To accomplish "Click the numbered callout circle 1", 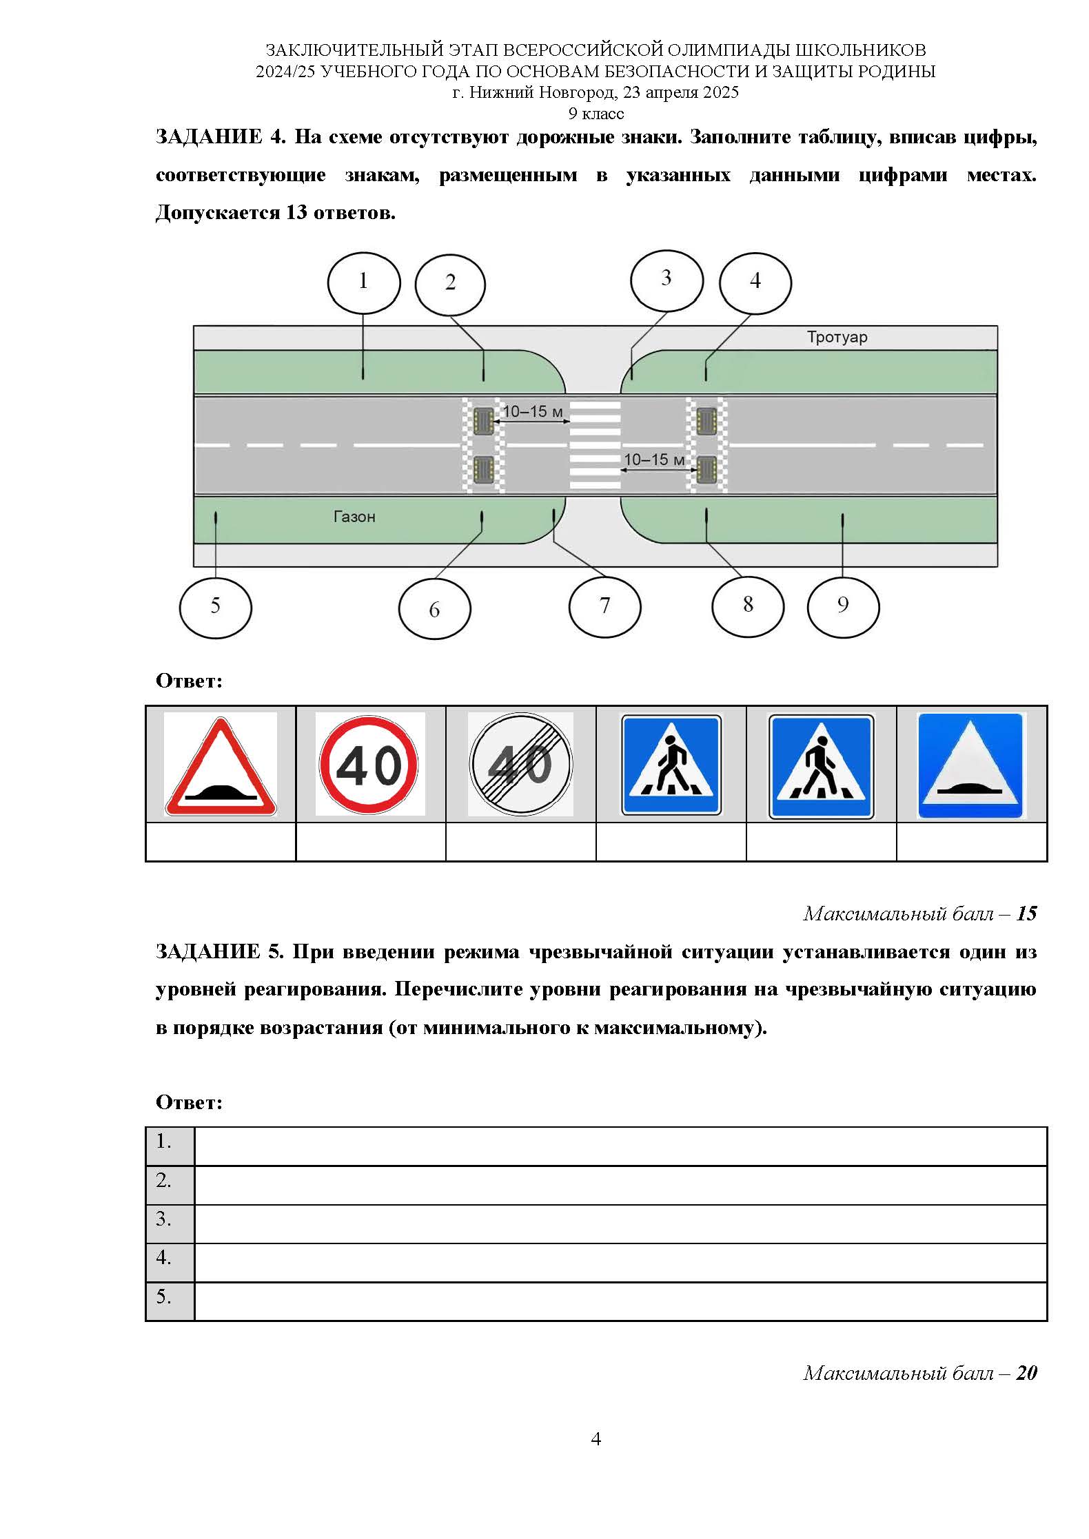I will point(363,282).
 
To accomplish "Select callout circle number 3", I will point(666,280).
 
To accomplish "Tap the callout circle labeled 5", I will point(215,608).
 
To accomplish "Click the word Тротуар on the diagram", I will point(837,338).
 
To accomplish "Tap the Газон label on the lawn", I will point(354,517).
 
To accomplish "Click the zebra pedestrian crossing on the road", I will point(594,445).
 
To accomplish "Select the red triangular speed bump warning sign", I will point(221,765).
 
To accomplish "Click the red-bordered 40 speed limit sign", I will point(369,765).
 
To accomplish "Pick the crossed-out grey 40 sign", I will point(520,765).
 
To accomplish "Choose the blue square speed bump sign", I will point(970,765).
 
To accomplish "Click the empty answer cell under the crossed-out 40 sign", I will point(520,842).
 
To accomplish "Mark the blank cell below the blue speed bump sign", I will point(971,842).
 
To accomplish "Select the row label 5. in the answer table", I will point(163,1297).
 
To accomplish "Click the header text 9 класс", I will point(596,114).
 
